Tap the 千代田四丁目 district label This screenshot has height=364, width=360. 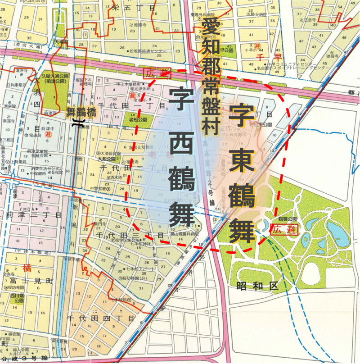[x=101, y=318]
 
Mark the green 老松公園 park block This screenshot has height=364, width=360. [x=132, y=120]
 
